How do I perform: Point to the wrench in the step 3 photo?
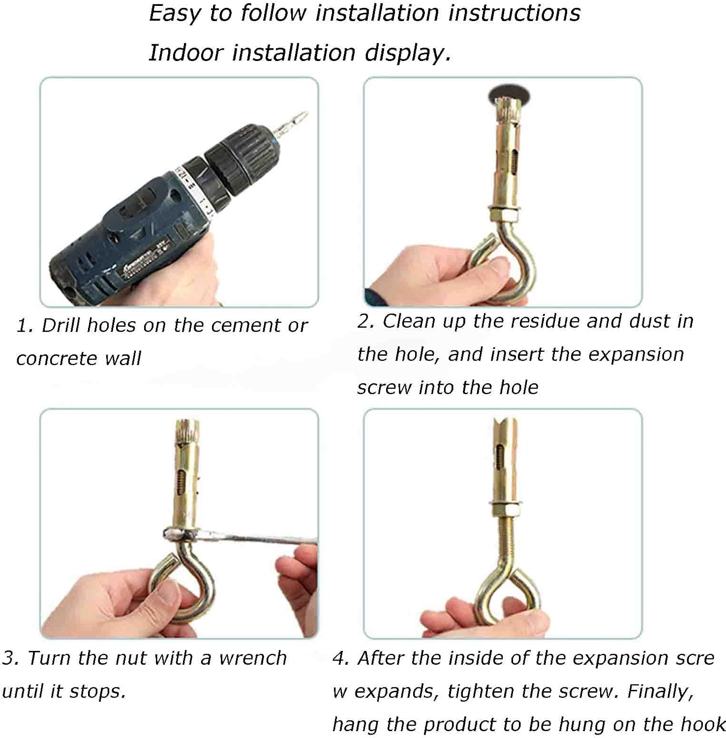pos(241,535)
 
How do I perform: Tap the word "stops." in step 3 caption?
pos(97,691)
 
